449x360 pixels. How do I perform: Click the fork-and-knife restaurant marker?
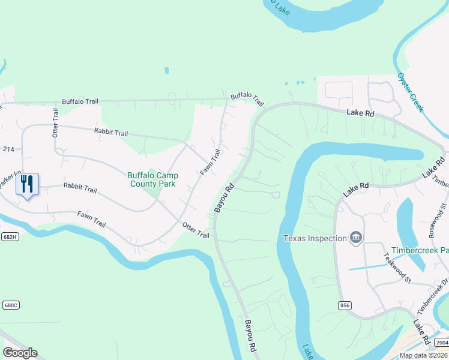[x=26, y=184]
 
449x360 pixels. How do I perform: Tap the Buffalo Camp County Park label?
[x=152, y=179]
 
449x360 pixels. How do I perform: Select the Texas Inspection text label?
[x=315, y=238]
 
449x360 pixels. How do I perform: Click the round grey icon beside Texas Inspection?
[x=356, y=238]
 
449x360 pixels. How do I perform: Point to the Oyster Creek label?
[x=411, y=92]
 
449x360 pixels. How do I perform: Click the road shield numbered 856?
[x=345, y=305]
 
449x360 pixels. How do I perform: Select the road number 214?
[x=8, y=148]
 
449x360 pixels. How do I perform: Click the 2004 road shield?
[x=441, y=342]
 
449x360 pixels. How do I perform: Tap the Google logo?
[x=20, y=353]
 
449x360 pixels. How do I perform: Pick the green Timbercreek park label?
[x=420, y=250]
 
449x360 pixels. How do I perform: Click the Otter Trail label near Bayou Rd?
[x=196, y=230]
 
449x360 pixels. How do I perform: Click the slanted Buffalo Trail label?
[x=247, y=98]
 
